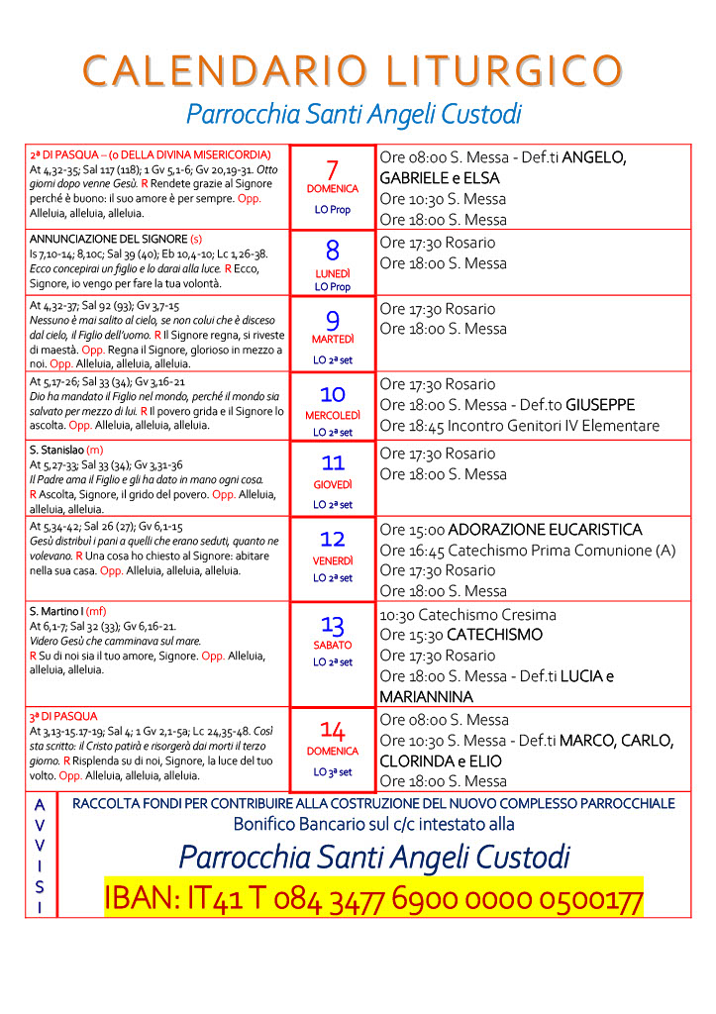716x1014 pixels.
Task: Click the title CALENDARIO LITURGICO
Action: [354, 70]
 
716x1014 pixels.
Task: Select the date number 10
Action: [333, 394]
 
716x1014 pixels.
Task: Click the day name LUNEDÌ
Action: [333, 272]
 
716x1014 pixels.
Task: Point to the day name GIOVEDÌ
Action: [333, 485]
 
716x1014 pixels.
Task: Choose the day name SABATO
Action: [333, 645]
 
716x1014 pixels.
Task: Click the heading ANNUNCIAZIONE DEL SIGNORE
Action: [108, 240]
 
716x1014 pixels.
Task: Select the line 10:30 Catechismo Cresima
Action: [467, 614]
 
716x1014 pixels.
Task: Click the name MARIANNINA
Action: [426, 697]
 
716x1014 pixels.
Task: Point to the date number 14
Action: [333, 731]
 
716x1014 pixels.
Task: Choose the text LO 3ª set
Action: [333, 772]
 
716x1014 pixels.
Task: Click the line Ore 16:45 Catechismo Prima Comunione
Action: [528, 551]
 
